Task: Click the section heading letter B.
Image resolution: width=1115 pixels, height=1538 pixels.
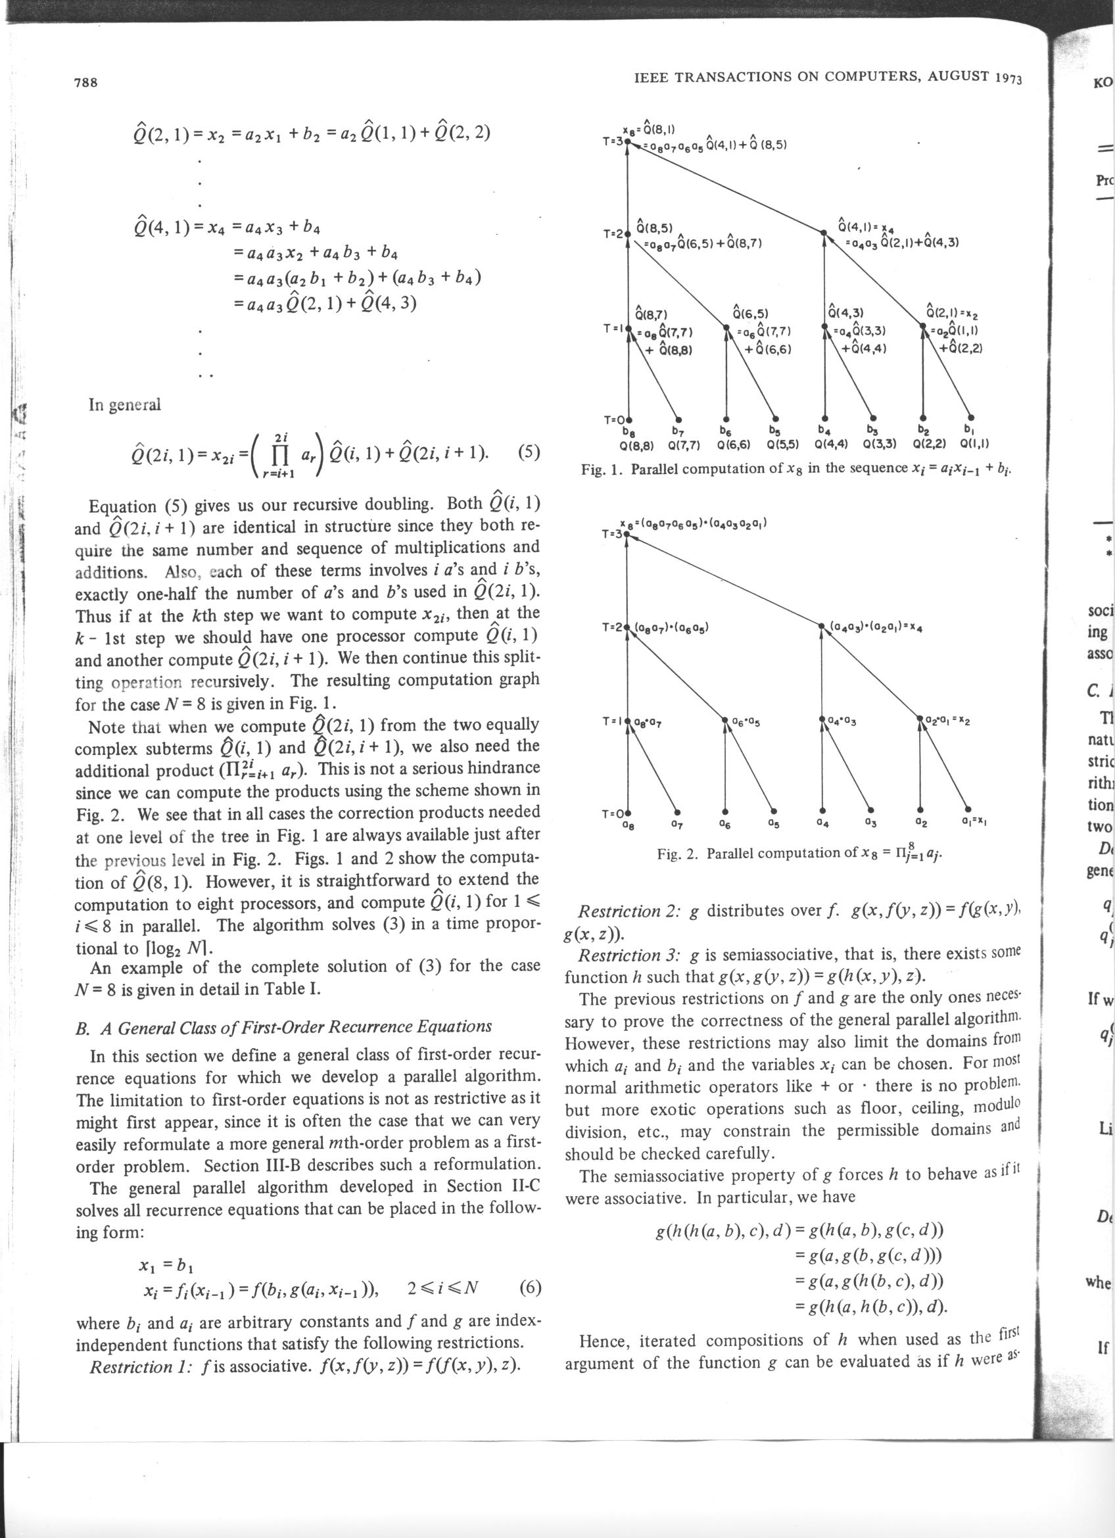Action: coord(82,1026)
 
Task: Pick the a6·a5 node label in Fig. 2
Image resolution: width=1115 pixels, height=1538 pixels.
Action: coord(746,721)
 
